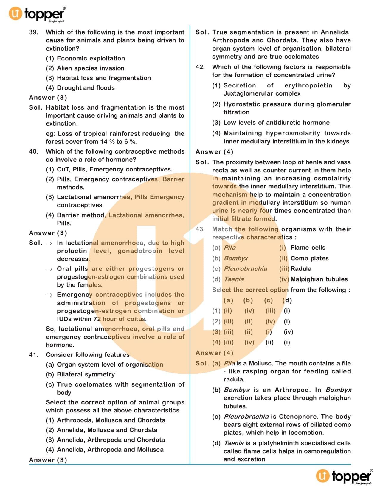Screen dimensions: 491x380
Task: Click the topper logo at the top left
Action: tap(37, 14)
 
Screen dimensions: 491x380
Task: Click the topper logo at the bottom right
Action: tap(344, 476)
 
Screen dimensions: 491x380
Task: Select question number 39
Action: tap(33, 32)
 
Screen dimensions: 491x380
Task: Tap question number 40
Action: tap(33, 151)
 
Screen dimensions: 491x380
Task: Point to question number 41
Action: tap(33, 355)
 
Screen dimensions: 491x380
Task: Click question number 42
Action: tap(200, 67)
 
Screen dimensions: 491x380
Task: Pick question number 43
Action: tap(200, 229)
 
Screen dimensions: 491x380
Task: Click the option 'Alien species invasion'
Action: tap(91, 68)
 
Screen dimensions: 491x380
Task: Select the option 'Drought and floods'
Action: tap(86, 88)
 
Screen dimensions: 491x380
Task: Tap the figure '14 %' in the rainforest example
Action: tap(108, 142)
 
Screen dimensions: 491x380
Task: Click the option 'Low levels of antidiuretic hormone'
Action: tap(277, 123)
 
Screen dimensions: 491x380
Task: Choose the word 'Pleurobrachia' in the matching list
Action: tap(245, 269)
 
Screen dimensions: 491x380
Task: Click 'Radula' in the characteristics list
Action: tap(301, 269)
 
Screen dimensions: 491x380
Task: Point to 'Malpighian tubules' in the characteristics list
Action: tap(319, 279)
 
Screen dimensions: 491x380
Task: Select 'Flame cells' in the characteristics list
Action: tap(308, 248)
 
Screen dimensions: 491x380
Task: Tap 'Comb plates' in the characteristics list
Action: tap(309, 258)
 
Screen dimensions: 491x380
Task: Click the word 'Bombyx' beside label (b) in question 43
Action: tap(236, 258)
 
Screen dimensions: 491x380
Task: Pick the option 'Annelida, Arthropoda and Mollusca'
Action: tap(110, 450)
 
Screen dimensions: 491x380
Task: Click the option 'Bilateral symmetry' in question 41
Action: tap(86, 374)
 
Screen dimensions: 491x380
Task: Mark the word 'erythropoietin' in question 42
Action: tap(308, 85)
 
